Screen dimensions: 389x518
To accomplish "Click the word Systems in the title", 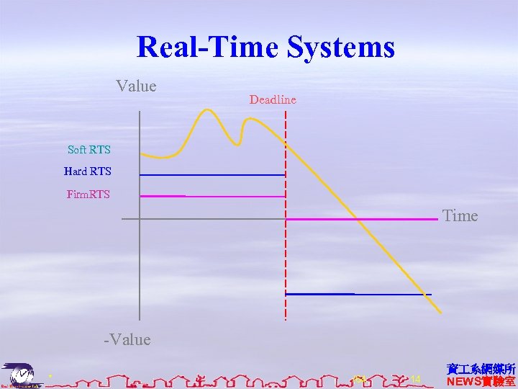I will (x=340, y=48).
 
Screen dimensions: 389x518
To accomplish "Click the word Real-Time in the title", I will (x=209, y=48).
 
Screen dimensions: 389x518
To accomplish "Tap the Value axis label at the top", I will (x=136, y=86).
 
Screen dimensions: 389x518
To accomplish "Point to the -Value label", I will (x=127, y=339).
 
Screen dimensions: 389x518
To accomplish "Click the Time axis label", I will (x=460, y=216).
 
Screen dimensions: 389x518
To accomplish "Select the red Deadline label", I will (x=273, y=99).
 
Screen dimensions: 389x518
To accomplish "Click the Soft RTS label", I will (x=88, y=150).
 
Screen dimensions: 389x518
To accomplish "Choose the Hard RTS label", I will (x=87, y=171).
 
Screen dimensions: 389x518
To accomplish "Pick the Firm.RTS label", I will (x=88, y=194).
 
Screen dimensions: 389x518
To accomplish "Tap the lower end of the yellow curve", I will (x=439, y=311).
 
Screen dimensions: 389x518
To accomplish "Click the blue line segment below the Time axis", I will (x=358, y=294).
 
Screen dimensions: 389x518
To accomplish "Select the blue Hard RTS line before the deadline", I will (x=212, y=175).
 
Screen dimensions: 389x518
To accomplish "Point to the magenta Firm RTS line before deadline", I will (x=212, y=196).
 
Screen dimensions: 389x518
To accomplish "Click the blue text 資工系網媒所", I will (x=481, y=369).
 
